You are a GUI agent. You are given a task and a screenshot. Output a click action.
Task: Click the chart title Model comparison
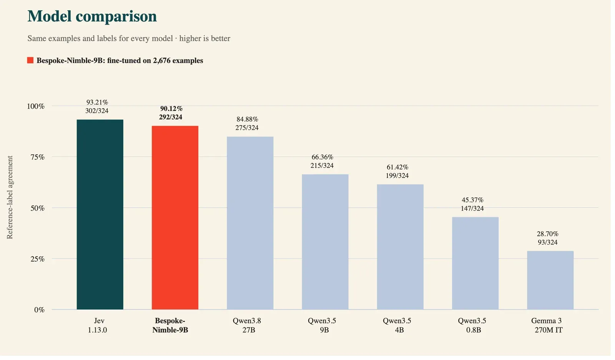93,16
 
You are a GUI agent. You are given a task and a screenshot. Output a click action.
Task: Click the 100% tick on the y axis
36,107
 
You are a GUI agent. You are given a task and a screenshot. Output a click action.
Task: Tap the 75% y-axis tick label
38,158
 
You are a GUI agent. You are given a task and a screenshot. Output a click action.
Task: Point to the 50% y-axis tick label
38,209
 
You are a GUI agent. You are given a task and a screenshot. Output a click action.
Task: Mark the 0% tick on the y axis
40,312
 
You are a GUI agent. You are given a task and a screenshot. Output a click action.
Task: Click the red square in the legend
30,61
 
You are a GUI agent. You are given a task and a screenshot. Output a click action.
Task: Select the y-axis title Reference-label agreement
10,199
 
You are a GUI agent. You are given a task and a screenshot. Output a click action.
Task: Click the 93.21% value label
98,103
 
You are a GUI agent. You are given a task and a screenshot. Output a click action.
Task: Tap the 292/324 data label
171,118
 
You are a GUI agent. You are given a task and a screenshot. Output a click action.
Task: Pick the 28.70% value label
551,236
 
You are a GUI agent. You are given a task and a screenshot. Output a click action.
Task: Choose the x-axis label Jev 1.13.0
98,328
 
